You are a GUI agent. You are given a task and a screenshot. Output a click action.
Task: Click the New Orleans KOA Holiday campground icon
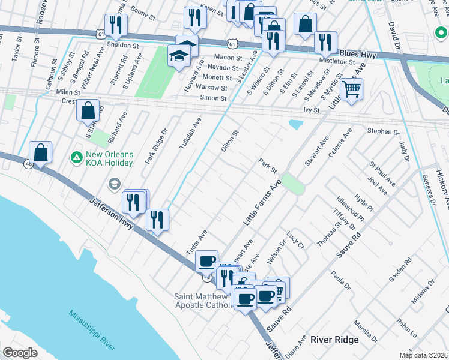(x=76, y=157)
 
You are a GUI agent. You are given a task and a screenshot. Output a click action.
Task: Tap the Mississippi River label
(x=91, y=331)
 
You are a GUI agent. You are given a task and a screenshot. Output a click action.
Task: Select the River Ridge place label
(x=334, y=340)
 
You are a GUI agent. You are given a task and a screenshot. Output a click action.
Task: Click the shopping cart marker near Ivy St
(x=352, y=89)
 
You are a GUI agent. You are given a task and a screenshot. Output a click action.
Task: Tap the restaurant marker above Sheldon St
(x=115, y=25)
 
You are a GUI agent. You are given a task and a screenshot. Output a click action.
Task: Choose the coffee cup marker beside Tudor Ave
(x=207, y=261)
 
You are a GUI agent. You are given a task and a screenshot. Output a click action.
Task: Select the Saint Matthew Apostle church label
(x=203, y=301)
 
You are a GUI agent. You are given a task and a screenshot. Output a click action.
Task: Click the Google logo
(x=20, y=353)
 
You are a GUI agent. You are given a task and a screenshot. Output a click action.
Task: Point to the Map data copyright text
(x=423, y=355)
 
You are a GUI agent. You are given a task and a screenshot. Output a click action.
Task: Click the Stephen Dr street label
(x=384, y=131)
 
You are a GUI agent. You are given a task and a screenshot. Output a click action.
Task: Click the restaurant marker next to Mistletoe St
(x=325, y=42)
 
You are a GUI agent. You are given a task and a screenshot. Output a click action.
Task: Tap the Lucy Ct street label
(x=296, y=241)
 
